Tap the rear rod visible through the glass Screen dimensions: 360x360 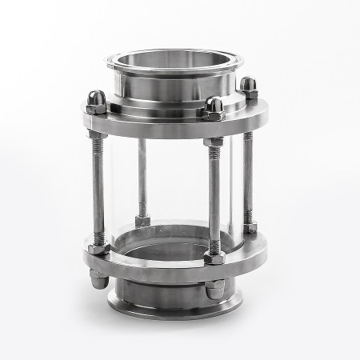tap(142, 176)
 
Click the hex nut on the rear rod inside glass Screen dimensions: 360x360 tap(143, 218)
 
